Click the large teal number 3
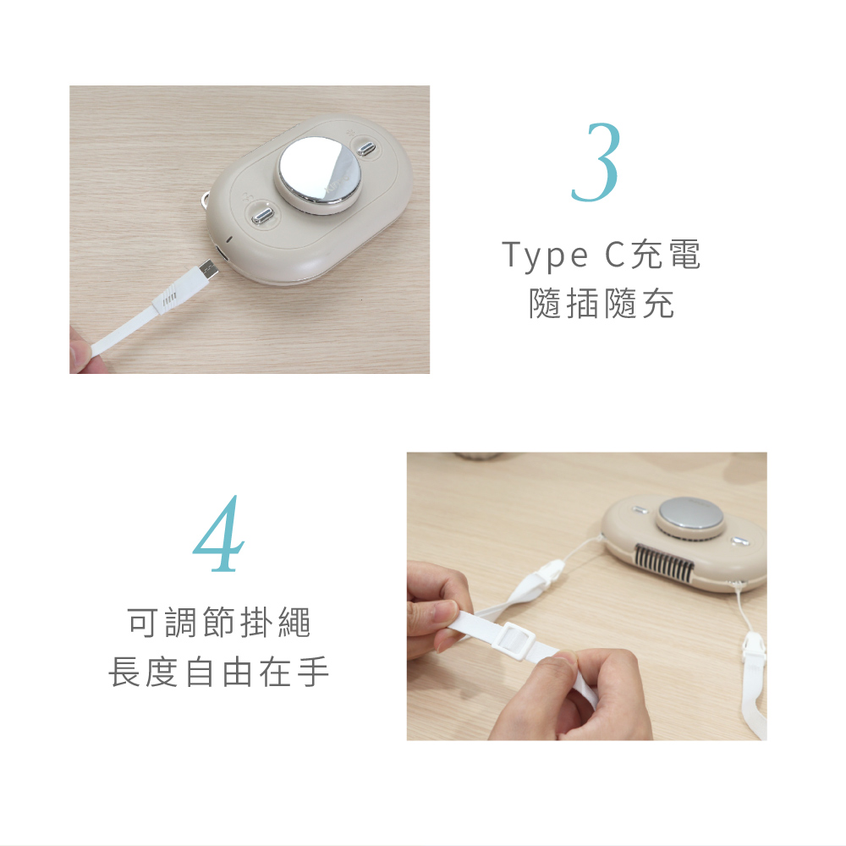596,162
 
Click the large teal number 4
218,533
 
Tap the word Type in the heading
545,255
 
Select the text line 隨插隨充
602,303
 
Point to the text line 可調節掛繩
219,622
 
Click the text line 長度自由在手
219,672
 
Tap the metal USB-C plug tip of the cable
208,271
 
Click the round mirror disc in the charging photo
320,168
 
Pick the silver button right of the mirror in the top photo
366,148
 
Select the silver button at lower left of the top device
261,217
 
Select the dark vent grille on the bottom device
664,563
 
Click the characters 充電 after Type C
666,254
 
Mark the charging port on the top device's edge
221,254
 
